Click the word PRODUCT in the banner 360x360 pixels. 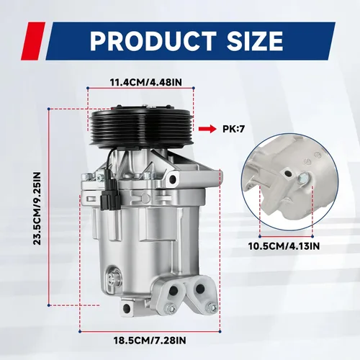click(x=153, y=41)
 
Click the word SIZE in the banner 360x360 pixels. click(x=255, y=41)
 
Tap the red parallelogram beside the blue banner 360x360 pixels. click(x=33, y=41)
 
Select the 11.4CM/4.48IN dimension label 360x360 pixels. click(x=146, y=82)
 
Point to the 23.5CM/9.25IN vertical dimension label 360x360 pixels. click(x=37, y=208)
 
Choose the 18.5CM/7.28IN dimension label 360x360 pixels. click(x=150, y=340)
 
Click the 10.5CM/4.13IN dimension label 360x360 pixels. click(x=284, y=246)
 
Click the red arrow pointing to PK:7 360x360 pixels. click(x=207, y=129)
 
